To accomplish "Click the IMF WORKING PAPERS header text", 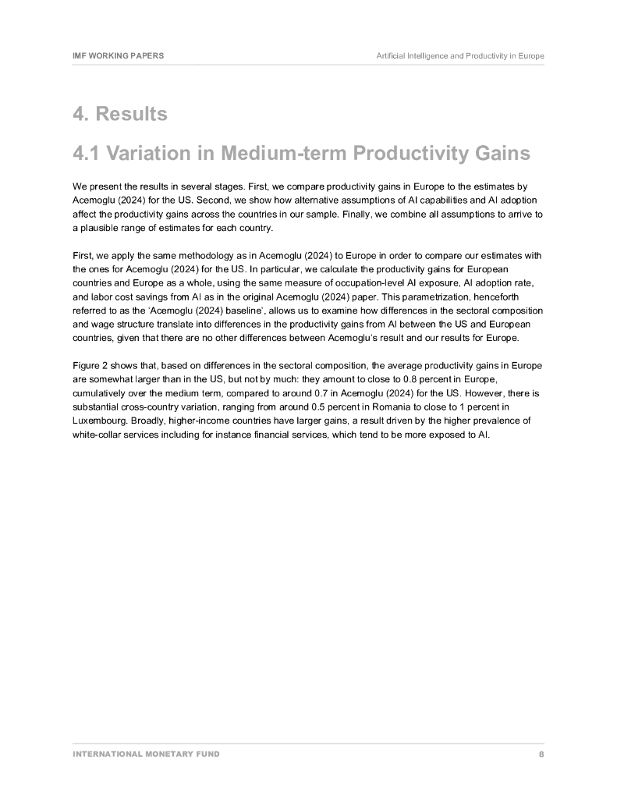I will (118, 56).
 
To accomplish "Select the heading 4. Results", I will (120, 114).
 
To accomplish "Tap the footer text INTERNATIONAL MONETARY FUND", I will (146, 755).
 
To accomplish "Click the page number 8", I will (541, 755).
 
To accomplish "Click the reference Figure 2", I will (91, 367).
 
